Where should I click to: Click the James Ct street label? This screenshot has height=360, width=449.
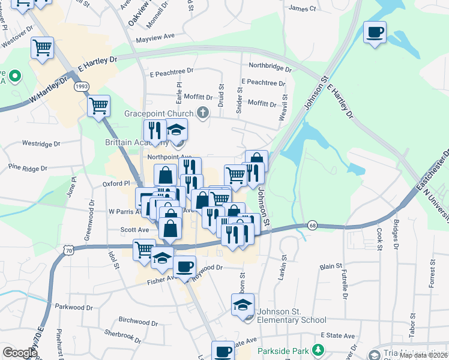pos(302,8)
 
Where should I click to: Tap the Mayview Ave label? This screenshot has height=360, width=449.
pos(155,37)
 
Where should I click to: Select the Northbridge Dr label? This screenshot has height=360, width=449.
pos(270,66)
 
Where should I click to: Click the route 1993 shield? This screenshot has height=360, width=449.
pos(82,87)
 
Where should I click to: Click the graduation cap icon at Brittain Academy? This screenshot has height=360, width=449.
pos(176,129)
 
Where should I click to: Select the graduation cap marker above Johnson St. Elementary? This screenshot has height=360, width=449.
pos(243,304)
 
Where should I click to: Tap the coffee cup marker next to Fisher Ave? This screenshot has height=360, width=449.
pos(184,266)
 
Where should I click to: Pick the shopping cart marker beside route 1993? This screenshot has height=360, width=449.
pos(99,106)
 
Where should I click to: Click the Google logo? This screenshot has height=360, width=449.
pos(19,353)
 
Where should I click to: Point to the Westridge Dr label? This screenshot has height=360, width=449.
pos(41,144)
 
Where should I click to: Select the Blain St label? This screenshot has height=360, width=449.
pos(331,266)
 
